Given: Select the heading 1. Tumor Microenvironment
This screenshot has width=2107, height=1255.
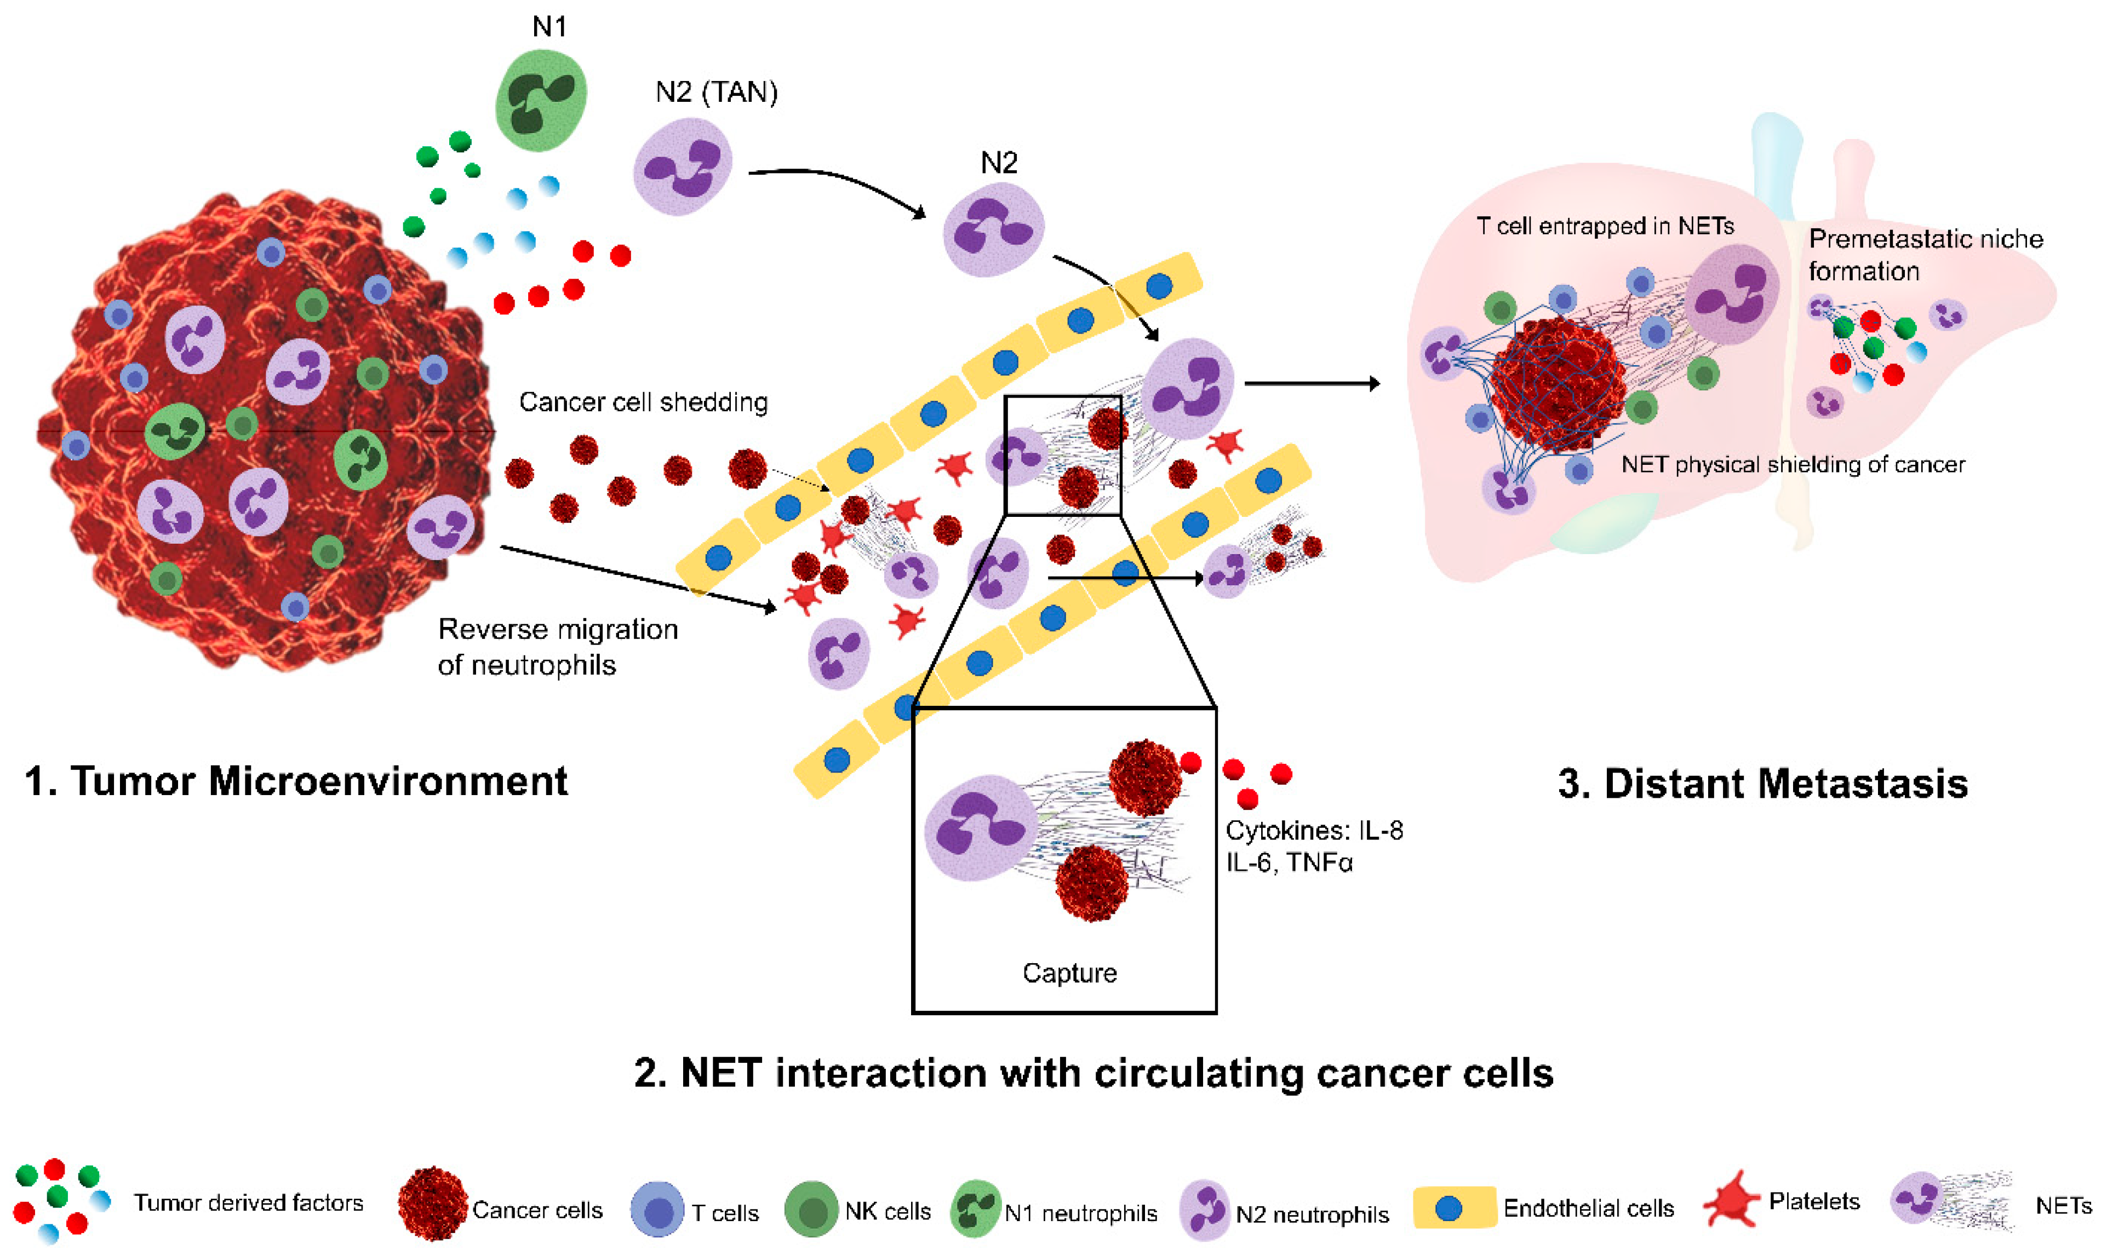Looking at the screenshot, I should pyautogui.click(x=296, y=781).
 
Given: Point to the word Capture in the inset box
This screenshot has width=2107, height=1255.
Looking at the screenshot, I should pyautogui.click(x=1069, y=972).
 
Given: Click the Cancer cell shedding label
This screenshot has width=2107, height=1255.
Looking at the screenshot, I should pyautogui.click(x=643, y=402).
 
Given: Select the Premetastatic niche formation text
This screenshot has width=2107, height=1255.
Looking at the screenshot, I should pyautogui.click(x=1925, y=255).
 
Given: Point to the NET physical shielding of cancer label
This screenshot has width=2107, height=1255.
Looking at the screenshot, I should pyautogui.click(x=1793, y=464).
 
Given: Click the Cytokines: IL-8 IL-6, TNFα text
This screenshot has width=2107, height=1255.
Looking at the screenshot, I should pyautogui.click(x=1314, y=845).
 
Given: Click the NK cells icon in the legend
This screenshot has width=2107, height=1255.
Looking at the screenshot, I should pyautogui.click(x=811, y=1210).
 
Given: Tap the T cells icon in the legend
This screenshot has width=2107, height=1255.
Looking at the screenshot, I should pyautogui.click(x=657, y=1210).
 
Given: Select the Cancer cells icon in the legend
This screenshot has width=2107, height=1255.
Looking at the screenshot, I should pyautogui.click(x=432, y=1204).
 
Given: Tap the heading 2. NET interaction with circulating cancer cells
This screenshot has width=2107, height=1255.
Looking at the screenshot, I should pyautogui.click(x=1093, y=1072).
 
